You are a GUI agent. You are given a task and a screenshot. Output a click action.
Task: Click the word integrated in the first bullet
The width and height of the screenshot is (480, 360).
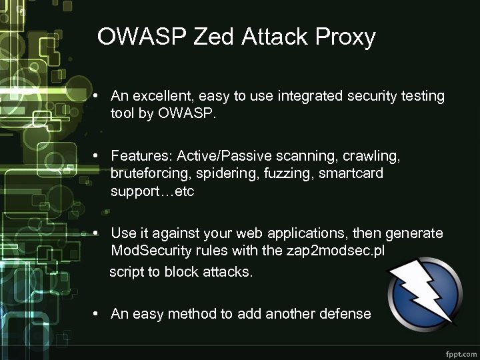click(x=305, y=96)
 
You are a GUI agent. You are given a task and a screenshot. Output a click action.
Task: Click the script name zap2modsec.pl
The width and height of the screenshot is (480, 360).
click(x=337, y=251)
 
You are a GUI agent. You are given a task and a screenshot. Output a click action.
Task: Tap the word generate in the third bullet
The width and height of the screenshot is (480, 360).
click(x=416, y=233)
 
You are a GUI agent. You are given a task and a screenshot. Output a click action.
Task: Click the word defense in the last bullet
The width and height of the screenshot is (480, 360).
click(x=343, y=313)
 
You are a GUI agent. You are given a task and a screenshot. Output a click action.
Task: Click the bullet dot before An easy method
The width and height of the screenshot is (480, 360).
click(x=97, y=313)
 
